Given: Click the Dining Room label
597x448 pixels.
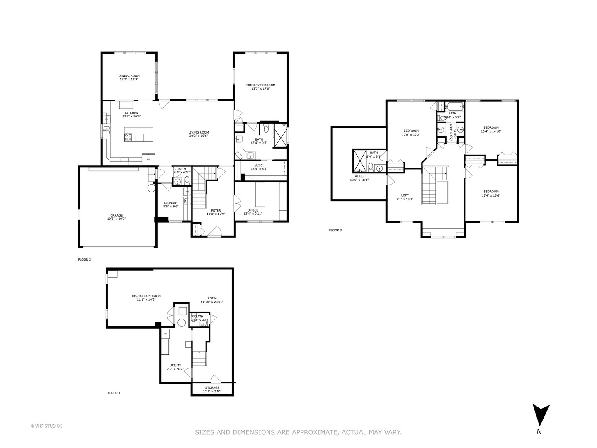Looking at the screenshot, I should click(x=129, y=76).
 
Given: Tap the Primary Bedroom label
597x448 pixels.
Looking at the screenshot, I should click(x=260, y=85).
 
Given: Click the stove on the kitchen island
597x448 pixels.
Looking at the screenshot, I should click(x=129, y=136).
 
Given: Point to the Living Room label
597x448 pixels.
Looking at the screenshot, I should click(x=198, y=132).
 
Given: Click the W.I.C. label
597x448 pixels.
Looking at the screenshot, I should click(x=259, y=165).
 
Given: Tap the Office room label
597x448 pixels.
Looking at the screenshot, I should click(x=252, y=210).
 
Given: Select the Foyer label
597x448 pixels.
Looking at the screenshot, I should click(x=216, y=211).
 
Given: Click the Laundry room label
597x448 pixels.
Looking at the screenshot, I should click(x=170, y=203).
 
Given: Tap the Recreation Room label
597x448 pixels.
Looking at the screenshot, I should click(x=146, y=296).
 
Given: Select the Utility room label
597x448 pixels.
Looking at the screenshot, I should click(x=175, y=365).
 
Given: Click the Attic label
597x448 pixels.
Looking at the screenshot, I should click(x=356, y=176).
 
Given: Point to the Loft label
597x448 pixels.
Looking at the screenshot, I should click(x=405, y=195).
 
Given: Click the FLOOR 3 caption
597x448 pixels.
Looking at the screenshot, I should click(x=335, y=230).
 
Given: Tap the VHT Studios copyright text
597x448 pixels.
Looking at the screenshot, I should click(x=46, y=426).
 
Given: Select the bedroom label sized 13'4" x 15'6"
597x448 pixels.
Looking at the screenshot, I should click(x=490, y=192).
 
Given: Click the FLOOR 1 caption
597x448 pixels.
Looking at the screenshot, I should click(x=114, y=392).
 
